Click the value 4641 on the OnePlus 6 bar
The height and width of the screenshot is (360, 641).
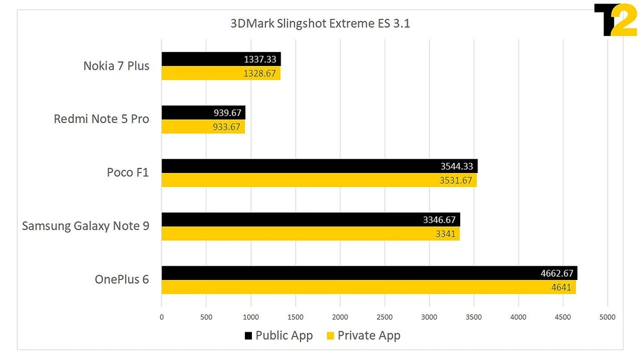[x=561, y=287]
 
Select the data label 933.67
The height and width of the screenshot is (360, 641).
[x=227, y=127]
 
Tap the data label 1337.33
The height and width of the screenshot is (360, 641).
[x=260, y=60]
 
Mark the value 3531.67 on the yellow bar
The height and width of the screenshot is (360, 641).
[x=456, y=180]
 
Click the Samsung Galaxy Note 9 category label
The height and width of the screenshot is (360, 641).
[x=85, y=226]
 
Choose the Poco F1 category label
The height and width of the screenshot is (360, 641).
[x=128, y=173]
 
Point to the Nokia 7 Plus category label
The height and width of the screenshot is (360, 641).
[x=116, y=66]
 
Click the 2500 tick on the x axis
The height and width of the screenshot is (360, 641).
[x=385, y=316]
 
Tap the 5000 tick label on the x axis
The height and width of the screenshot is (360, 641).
[x=607, y=316]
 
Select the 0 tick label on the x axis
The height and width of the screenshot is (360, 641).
[x=162, y=316]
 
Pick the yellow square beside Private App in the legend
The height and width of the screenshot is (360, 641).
[x=331, y=336]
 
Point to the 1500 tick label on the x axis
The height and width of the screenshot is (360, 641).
[x=296, y=316]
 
